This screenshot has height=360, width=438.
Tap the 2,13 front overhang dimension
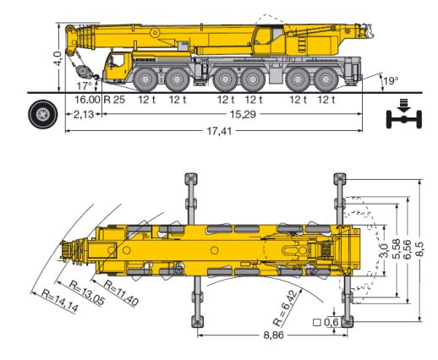tap(83, 114)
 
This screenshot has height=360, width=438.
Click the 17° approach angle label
tap(83, 86)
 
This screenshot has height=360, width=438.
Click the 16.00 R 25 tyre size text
tap(100, 100)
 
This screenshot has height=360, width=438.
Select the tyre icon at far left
tap(41, 112)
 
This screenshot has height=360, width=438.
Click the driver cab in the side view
tap(118, 65)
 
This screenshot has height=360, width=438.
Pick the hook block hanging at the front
tap(82, 68)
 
